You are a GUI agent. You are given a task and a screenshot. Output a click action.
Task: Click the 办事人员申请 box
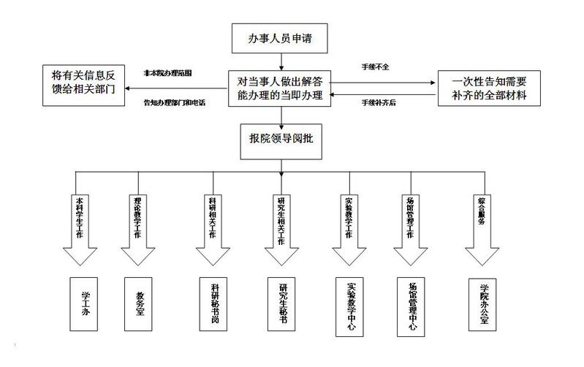click(x=279, y=37)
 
